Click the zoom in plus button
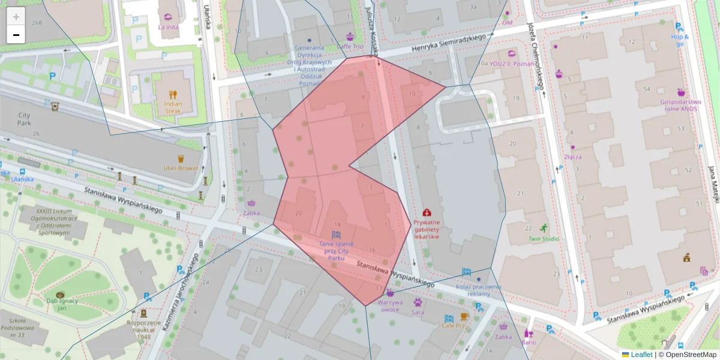click(16, 17)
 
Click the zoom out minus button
click(16, 35)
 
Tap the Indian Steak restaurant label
click(173, 107)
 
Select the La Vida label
click(167, 27)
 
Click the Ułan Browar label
click(181, 168)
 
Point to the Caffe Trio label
click(350, 46)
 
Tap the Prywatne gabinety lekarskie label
click(427, 229)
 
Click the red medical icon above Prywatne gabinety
click(427, 212)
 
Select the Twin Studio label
click(543, 239)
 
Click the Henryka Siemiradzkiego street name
click(449, 44)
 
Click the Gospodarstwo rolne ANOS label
click(680, 105)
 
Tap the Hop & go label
click(680, 40)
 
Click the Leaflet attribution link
click(641, 355)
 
